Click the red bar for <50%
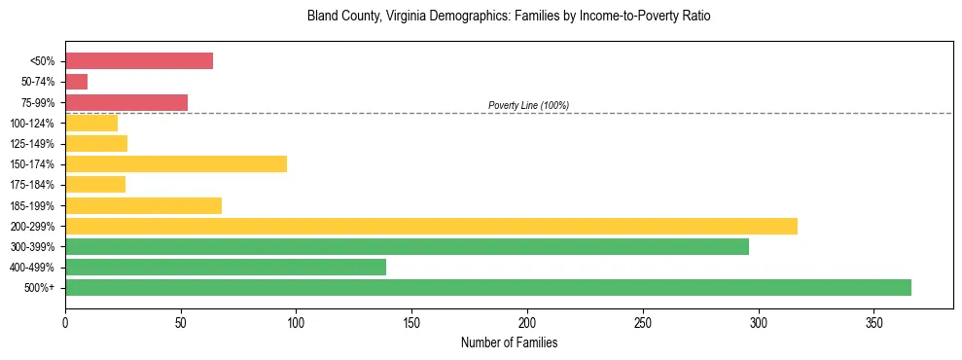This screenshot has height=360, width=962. tap(139, 61)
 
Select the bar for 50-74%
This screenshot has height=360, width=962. tap(77, 82)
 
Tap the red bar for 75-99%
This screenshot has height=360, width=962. tap(126, 102)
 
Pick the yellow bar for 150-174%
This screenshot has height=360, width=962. tap(176, 163)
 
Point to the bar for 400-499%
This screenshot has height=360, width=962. tap(226, 267)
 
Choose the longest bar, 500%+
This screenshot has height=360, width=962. tap(488, 287)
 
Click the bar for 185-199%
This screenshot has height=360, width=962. tap(144, 205)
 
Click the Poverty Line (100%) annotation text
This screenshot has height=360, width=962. tap(528, 105)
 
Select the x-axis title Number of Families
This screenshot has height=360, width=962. tap(509, 343)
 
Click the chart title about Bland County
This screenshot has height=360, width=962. tap(509, 17)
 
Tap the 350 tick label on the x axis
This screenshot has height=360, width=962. tap(874, 321)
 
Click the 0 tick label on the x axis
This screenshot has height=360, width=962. tap(65, 321)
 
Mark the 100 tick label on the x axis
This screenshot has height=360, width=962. tap(297, 321)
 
